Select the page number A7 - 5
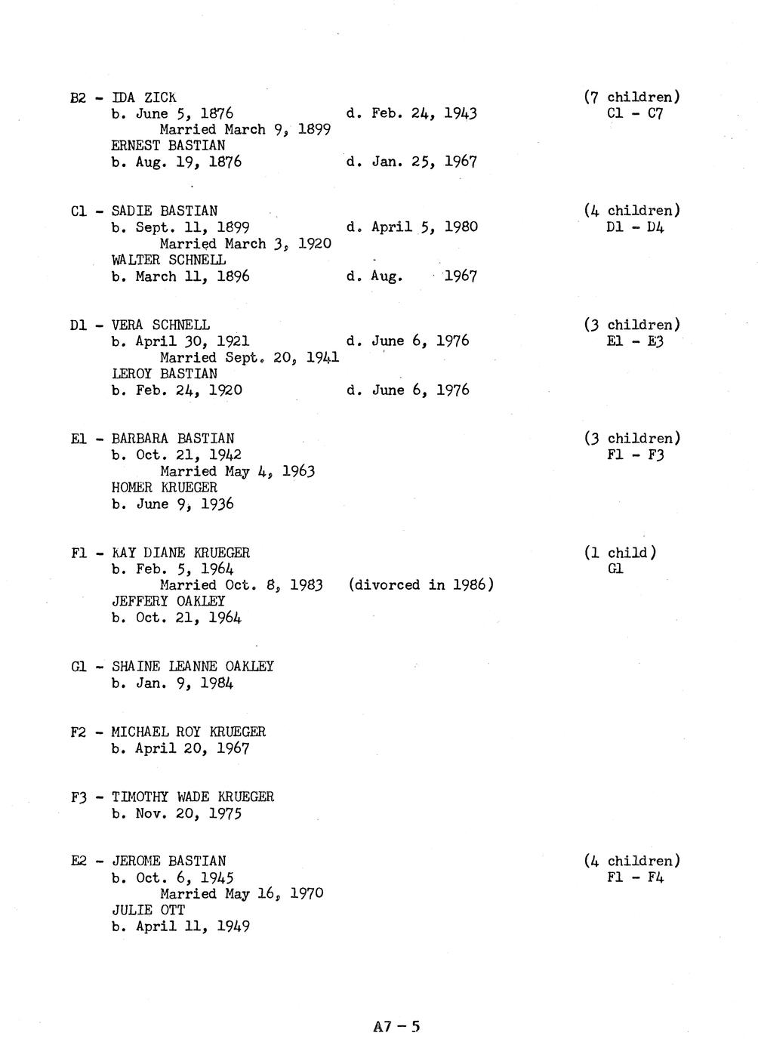coord(396,1026)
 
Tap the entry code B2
coord(79,97)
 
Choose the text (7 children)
coord(631,97)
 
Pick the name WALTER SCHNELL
coord(168,260)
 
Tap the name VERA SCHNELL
coord(160,325)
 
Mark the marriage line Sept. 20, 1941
coord(249,358)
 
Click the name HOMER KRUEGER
coord(164,488)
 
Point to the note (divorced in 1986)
coord(421,585)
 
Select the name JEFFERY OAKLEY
coord(168,602)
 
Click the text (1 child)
coord(620,553)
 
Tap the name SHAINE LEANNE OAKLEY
coord(193,667)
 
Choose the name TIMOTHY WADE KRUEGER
coord(193,797)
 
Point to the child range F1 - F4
coord(634,877)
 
